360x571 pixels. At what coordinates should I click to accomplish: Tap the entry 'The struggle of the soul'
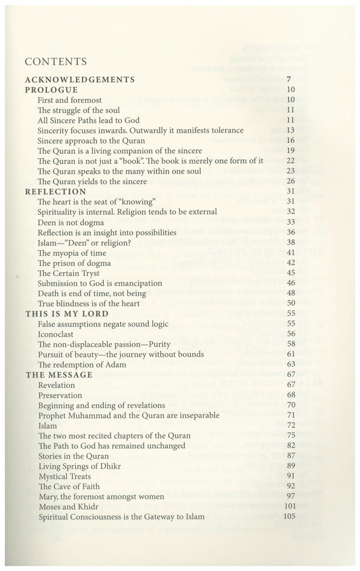point(79,110)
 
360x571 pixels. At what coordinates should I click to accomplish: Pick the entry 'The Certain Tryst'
point(69,273)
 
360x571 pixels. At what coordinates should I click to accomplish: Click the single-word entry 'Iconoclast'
point(56,334)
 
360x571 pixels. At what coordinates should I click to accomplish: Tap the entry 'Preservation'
point(60,395)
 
